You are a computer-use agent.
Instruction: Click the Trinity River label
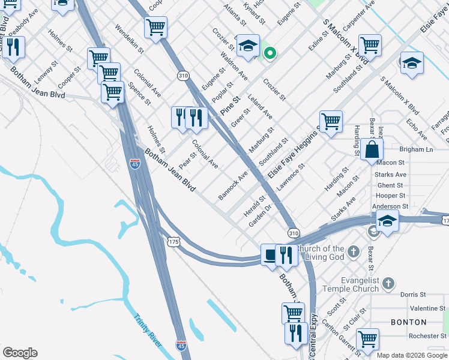point(147,331)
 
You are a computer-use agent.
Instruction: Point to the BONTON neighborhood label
point(408,322)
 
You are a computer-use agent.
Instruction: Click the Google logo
point(19,353)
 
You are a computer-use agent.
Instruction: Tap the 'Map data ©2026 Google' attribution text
point(412,355)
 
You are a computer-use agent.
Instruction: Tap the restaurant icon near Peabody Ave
point(13,47)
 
